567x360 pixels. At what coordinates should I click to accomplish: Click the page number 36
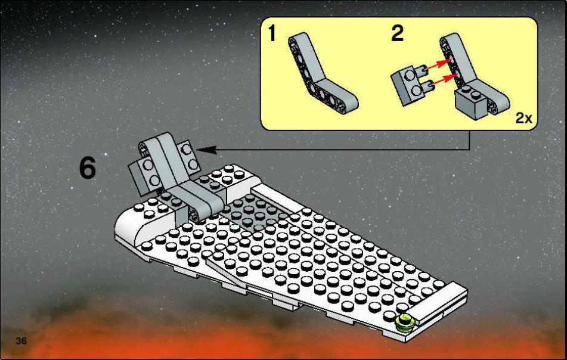(21, 340)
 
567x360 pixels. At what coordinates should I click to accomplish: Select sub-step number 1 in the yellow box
(272, 33)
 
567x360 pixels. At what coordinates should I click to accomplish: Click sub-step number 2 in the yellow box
(397, 33)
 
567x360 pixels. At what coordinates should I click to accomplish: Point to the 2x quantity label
(523, 118)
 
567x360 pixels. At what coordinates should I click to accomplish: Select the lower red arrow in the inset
(444, 79)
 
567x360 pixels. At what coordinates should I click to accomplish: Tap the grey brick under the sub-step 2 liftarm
(471, 103)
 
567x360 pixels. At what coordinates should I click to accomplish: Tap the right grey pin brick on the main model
(189, 157)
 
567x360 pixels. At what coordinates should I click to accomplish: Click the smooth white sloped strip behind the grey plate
(277, 198)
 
